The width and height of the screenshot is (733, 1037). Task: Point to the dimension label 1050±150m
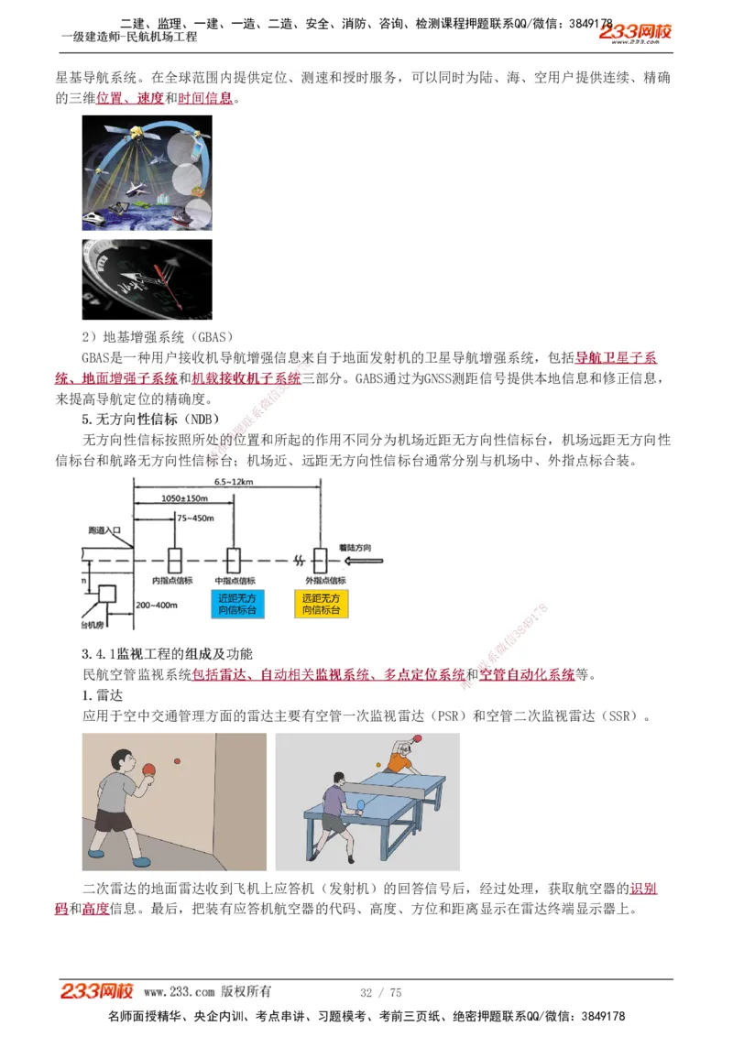185,498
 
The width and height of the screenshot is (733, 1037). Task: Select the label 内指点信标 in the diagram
172,580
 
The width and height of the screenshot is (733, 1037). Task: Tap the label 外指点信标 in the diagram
325,580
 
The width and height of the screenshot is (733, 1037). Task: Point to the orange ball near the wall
178,759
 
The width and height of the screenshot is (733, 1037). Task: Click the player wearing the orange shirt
399,759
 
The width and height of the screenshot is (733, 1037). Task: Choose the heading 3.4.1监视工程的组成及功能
167,654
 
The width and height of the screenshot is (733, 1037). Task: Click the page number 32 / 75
380,992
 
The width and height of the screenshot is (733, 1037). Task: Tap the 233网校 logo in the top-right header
635,32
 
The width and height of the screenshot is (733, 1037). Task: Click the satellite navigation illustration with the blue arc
147,172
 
